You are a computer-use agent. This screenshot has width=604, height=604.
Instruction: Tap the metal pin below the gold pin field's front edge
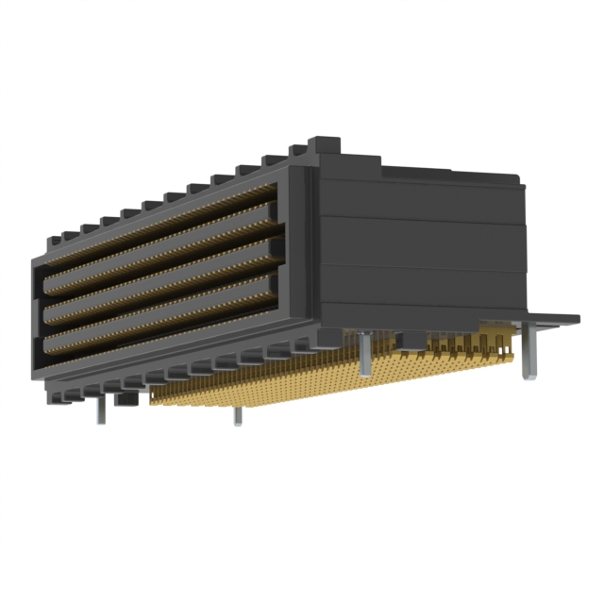tap(237, 415)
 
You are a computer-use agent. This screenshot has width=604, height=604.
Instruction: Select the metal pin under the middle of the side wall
tap(363, 356)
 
